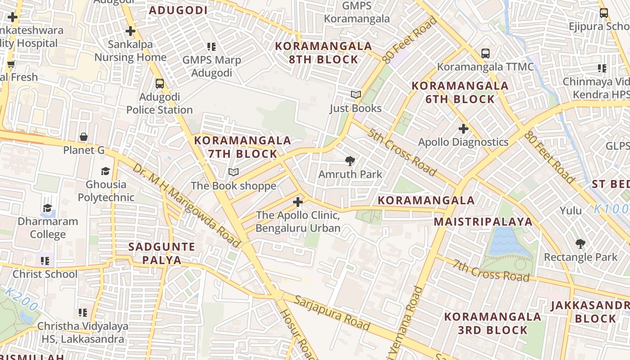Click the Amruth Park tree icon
350,161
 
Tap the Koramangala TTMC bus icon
485,54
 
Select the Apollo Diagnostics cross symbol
463,129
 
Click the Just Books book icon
355,95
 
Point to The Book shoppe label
234,186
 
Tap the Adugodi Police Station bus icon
159,84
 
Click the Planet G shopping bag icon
84,137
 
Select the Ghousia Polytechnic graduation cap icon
105,171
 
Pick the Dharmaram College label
48,228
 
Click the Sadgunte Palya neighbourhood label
162,253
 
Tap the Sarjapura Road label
333,313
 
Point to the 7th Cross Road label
491,270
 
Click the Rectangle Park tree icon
580,244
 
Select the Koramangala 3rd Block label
492,323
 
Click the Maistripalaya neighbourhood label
483,221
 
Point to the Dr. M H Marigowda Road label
186,205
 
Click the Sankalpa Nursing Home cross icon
130,31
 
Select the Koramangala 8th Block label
323,53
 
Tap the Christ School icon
45,261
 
